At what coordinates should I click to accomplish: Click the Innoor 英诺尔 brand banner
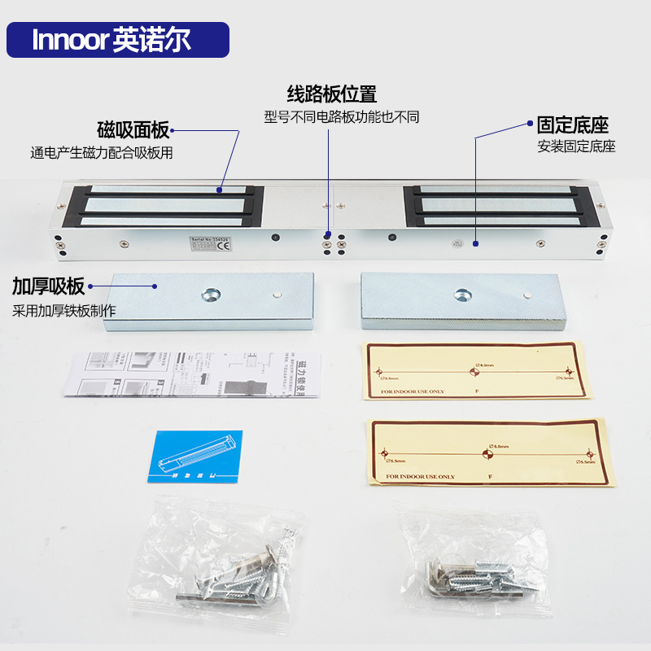point(118,40)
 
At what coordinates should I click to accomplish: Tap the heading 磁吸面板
point(133,129)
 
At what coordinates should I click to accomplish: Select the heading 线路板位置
point(332,94)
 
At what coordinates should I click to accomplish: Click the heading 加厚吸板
point(48,286)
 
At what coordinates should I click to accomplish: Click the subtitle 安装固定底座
point(576,147)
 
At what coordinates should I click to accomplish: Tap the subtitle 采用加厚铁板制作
point(64,310)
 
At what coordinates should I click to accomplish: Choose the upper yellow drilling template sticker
point(477,370)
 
